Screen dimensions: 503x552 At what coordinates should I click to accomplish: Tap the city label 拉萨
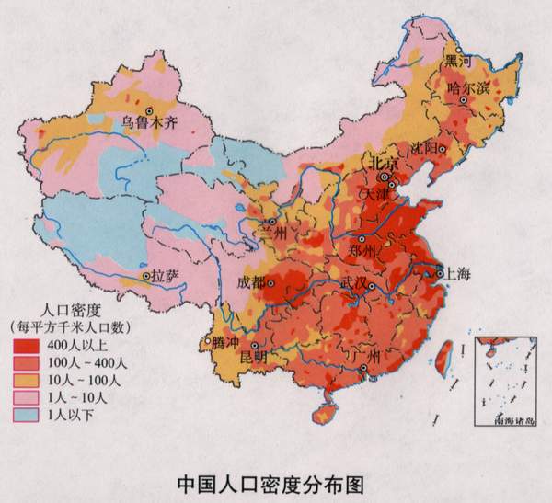(165, 275)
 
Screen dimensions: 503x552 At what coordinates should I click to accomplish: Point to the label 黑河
(457, 61)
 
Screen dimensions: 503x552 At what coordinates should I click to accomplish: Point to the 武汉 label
(354, 281)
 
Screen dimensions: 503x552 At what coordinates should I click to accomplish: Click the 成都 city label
(250, 281)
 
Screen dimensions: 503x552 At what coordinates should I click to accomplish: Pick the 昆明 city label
(253, 356)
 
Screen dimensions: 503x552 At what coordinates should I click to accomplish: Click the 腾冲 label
(224, 342)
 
